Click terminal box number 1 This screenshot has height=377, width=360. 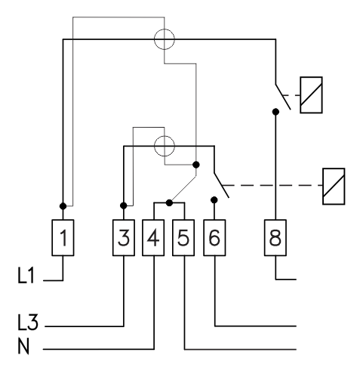(x=63, y=238)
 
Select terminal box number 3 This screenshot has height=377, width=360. (x=124, y=238)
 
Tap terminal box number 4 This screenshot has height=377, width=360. (x=153, y=238)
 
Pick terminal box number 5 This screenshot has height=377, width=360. (x=183, y=238)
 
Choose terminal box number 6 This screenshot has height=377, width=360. (x=214, y=238)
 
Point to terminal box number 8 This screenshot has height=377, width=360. (x=275, y=238)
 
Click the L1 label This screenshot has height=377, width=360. (x=26, y=276)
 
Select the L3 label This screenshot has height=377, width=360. (x=28, y=322)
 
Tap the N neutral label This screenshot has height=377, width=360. (x=23, y=346)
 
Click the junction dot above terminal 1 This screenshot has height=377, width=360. (x=63, y=206)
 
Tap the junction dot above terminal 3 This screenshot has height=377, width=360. (x=124, y=205)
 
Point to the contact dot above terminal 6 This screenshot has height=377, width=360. (x=214, y=200)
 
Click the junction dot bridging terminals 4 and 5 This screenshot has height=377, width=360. (x=169, y=202)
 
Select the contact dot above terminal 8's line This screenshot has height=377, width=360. (x=275, y=112)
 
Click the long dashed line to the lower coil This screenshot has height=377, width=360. (x=272, y=186)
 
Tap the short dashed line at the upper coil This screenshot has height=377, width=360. (x=291, y=95)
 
